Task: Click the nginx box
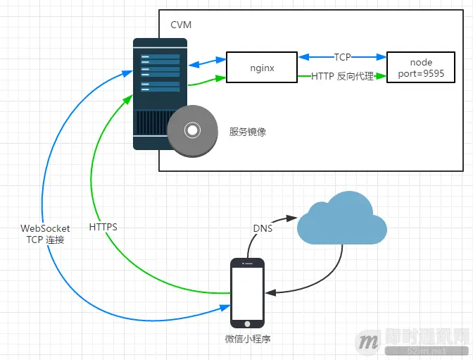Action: click(x=262, y=68)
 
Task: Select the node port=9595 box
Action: click(x=422, y=68)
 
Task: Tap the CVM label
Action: click(x=181, y=25)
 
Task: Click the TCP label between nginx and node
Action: click(x=342, y=57)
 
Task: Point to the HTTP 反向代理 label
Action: click(x=342, y=76)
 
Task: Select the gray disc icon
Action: click(x=191, y=130)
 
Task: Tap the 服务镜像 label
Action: click(x=247, y=132)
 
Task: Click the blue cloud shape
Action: click(x=341, y=222)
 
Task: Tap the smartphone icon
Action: click(x=247, y=293)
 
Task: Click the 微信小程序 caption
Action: click(x=248, y=339)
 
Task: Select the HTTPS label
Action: click(x=103, y=228)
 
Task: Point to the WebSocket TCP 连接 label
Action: click(x=45, y=234)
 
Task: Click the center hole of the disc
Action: click(x=191, y=130)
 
